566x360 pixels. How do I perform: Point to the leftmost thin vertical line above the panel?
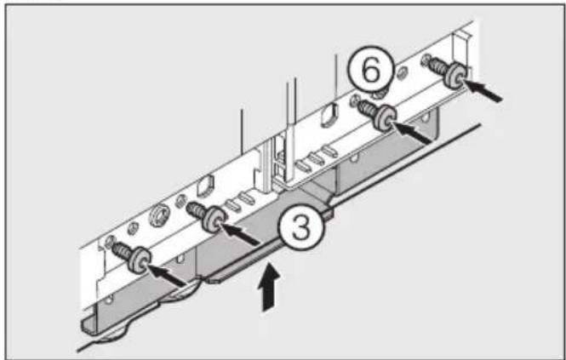click(x=243, y=136)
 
